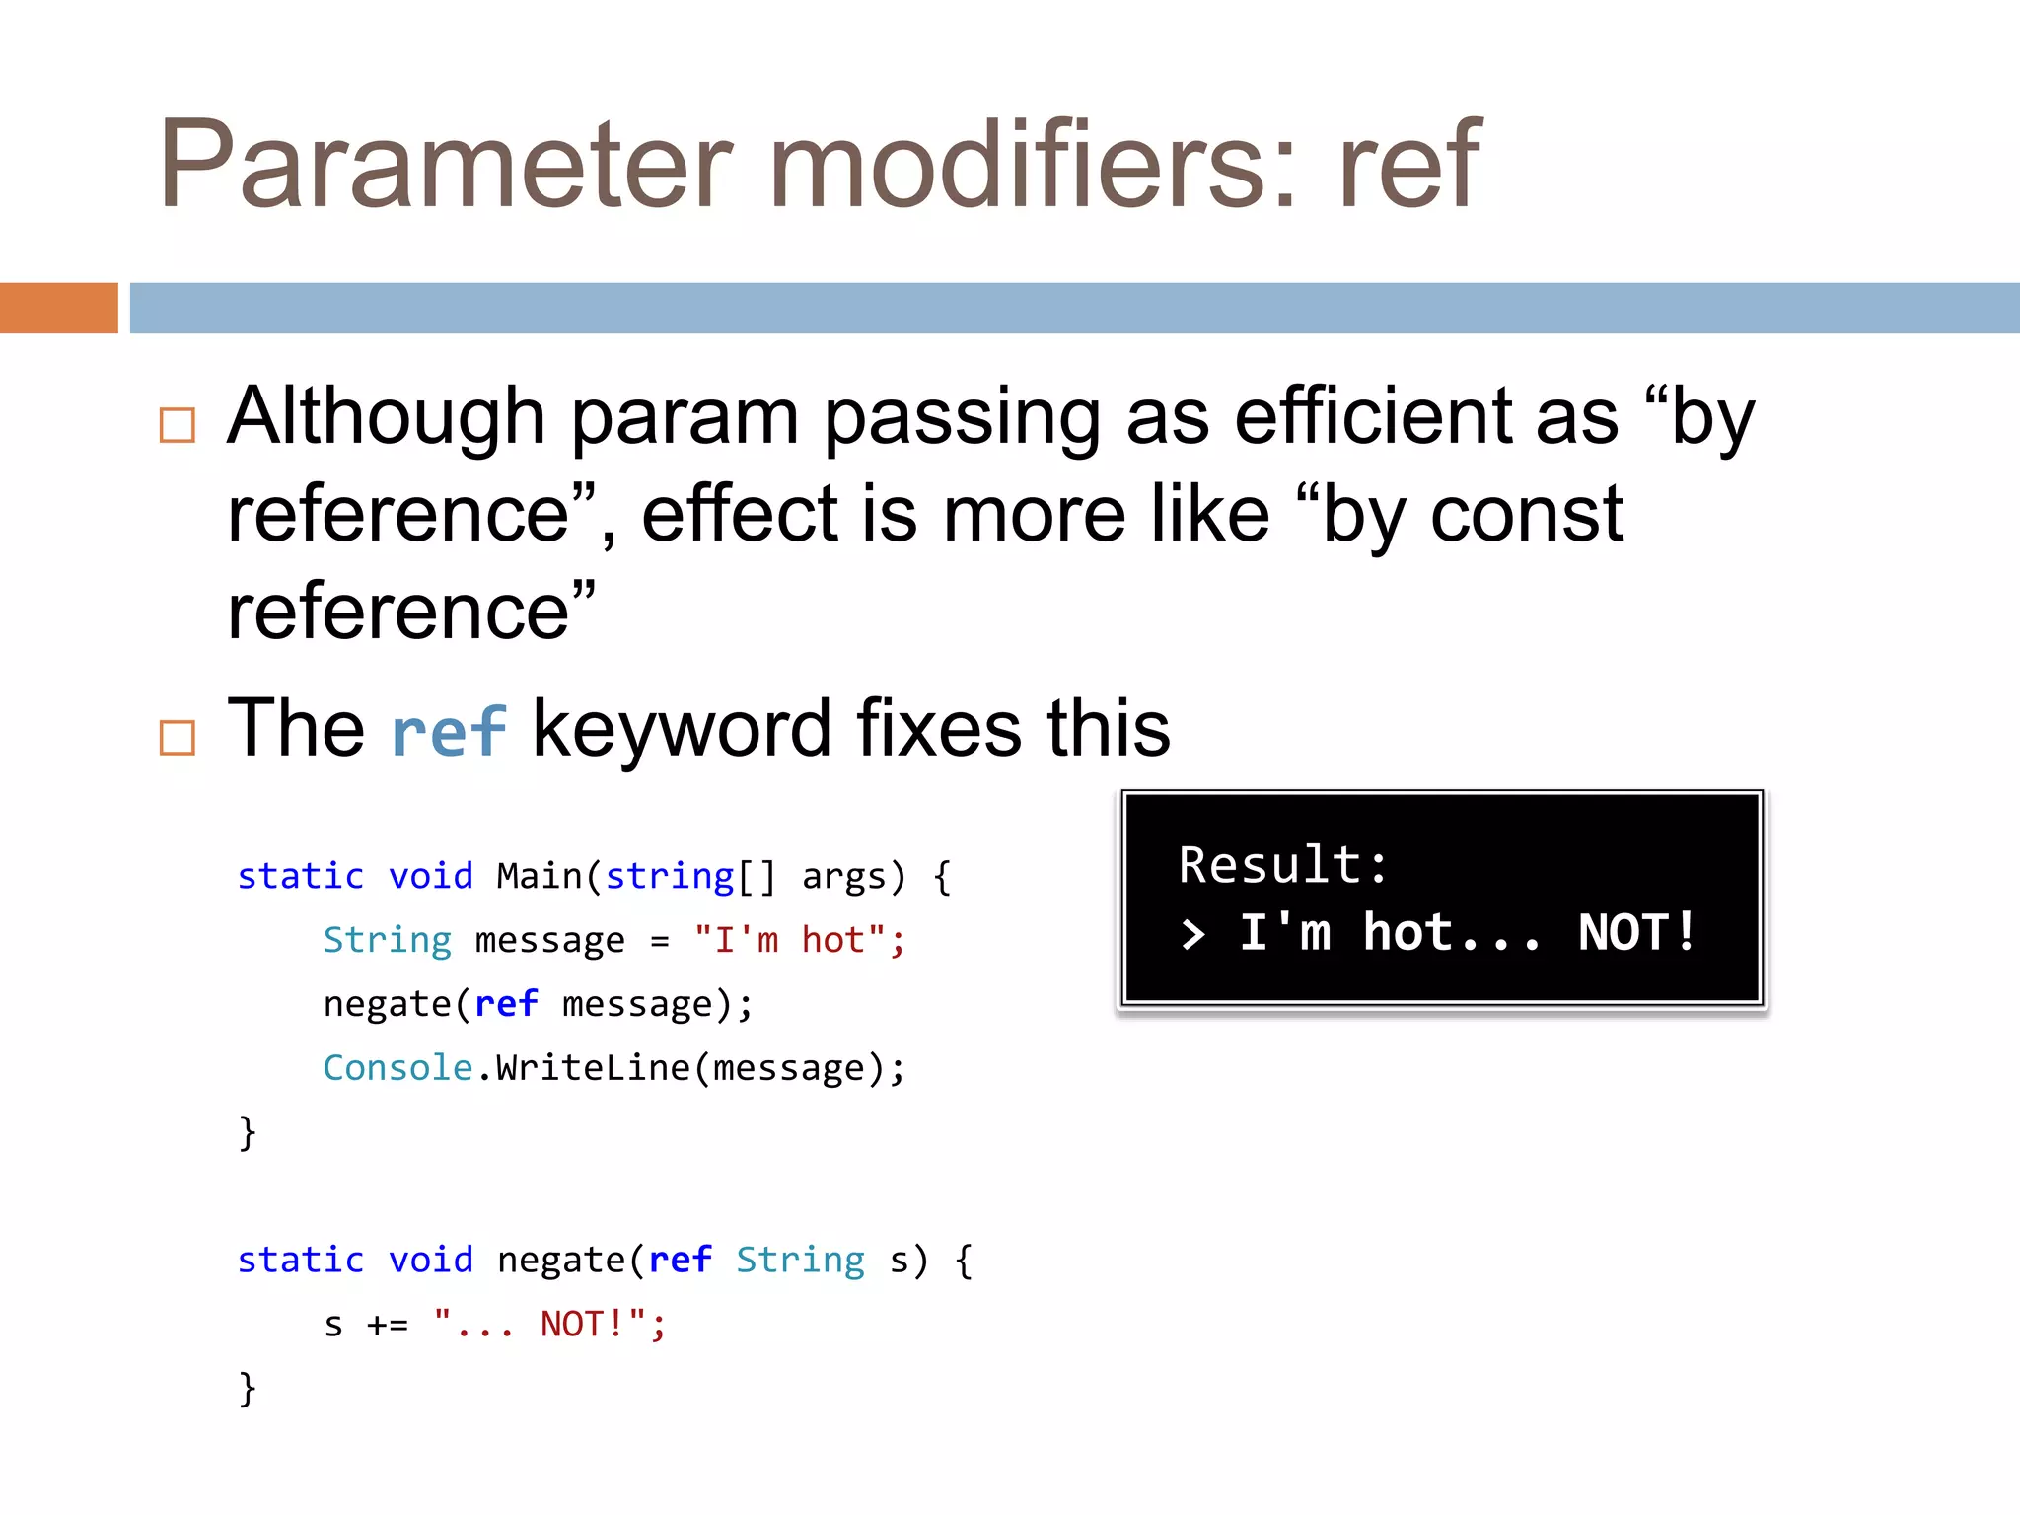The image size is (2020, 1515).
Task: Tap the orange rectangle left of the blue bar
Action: (58, 308)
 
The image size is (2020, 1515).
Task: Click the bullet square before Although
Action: (178, 425)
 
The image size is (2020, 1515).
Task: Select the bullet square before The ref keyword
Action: (178, 737)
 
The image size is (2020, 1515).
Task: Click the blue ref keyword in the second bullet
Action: (449, 731)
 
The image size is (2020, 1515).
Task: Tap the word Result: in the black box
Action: (1283, 865)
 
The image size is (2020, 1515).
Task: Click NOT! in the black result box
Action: (1636, 932)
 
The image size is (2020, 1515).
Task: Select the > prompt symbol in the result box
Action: (1193, 934)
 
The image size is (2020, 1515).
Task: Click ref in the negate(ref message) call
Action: (506, 1004)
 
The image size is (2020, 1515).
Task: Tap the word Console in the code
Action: (397, 1068)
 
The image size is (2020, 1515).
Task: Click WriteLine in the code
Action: (592, 1068)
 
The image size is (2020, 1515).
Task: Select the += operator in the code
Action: (387, 1325)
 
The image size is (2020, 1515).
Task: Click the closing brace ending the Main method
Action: (247, 1132)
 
